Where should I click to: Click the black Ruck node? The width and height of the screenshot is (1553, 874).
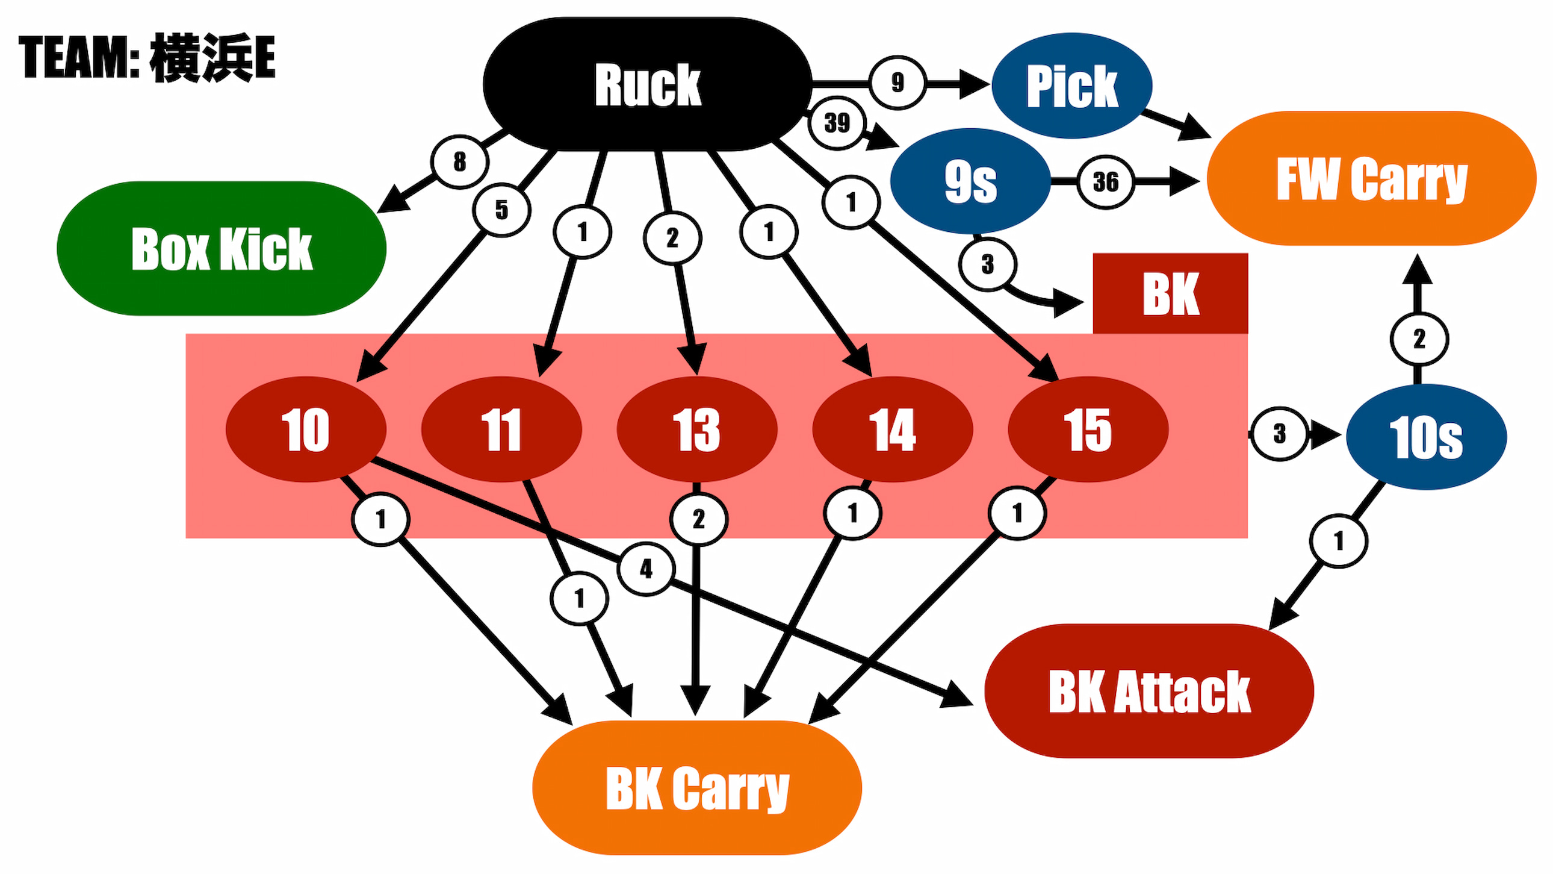point(648,84)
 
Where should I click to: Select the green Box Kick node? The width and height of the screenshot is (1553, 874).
point(222,248)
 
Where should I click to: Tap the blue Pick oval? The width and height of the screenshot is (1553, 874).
point(1072,86)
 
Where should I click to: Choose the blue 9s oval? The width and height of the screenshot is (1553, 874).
point(970,181)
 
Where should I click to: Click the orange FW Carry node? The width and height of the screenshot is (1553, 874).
point(1372,178)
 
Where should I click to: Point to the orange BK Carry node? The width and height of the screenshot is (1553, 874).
point(697,787)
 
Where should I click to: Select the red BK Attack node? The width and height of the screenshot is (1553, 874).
point(1149,691)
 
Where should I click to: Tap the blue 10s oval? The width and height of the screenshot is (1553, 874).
point(1426,437)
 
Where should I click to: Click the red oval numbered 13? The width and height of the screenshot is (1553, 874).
point(697,429)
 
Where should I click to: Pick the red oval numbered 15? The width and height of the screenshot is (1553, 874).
point(1088,429)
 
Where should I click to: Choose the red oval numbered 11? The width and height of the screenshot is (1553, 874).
point(501,429)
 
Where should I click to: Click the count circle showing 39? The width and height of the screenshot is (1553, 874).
point(837,123)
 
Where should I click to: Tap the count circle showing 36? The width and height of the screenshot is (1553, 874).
point(1106,181)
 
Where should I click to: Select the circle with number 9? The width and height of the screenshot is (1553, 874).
point(897,82)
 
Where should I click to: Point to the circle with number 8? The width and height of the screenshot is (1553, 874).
point(459,161)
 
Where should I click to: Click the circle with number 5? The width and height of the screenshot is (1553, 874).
point(501,210)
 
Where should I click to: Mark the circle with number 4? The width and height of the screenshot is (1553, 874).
point(646,568)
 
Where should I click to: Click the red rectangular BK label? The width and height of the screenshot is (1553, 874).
point(1170,293)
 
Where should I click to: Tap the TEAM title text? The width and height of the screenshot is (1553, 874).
point(147,57)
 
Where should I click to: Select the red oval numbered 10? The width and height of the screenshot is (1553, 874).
point(306,429)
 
